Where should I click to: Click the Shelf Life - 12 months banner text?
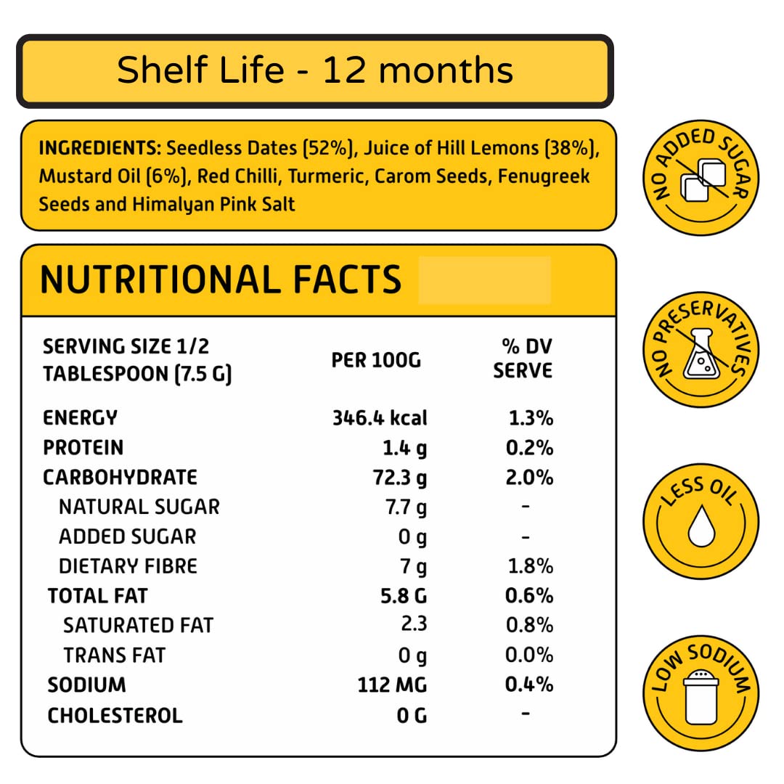point(315,71)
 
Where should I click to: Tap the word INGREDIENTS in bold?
point(99,149)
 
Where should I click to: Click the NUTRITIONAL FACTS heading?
point(221,279)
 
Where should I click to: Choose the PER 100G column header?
point(376,359)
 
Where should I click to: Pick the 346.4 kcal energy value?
point(380,418)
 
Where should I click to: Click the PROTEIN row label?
point(83,448)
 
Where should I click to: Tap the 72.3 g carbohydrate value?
point(399,478)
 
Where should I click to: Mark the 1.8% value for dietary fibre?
point(529,566)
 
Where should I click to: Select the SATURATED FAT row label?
point(139,626)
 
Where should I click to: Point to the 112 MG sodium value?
point(392,685)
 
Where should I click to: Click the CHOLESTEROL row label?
point(115,716)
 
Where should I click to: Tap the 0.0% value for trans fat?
point(529,656)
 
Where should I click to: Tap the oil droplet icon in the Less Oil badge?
point(701,526)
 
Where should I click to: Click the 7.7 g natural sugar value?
point(406,507)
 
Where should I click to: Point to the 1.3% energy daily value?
point(531,418)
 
